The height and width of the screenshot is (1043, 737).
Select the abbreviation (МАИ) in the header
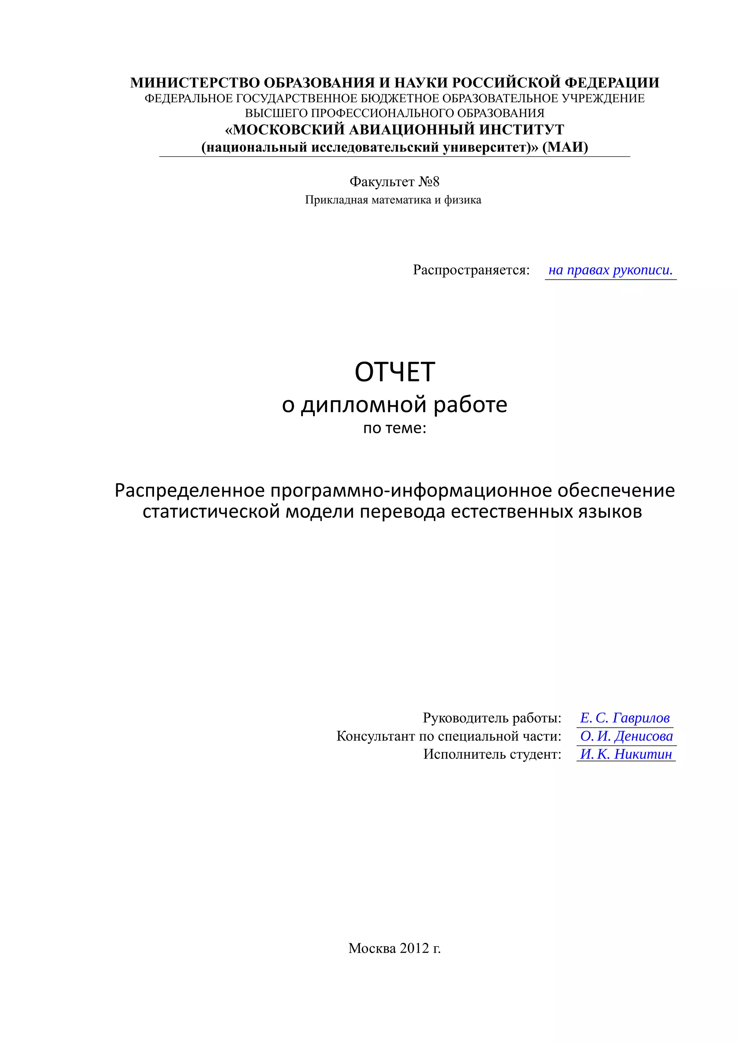(565, 147)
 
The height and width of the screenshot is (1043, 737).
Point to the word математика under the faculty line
(401, 200)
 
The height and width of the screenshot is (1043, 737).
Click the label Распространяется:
(471, 270)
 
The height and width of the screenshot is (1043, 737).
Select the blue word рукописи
(643, 270)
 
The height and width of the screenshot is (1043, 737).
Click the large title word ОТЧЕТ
(394, 372)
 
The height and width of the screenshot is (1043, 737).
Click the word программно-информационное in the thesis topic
(412, 491)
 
